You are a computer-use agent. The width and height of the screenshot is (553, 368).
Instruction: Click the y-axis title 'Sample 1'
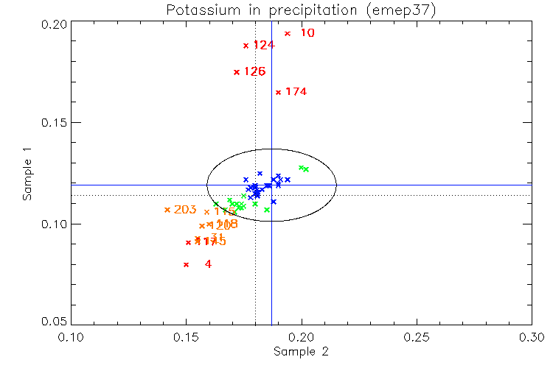click(27, 174)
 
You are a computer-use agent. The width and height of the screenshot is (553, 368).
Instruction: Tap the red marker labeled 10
click(288, 33)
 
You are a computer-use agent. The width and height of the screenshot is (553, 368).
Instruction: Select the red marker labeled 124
click(246, 46)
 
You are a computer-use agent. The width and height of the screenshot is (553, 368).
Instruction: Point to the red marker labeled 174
click(278, 92)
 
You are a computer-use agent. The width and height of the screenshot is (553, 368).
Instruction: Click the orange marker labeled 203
click(167, 210)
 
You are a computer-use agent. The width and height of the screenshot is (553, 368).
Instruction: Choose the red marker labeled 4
click(186, 264)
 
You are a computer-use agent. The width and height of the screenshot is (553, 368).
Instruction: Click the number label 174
click(296, 92)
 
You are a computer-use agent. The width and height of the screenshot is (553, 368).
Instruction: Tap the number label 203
click(185, 210)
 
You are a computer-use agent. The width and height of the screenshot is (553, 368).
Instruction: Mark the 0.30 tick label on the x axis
click(531, 336)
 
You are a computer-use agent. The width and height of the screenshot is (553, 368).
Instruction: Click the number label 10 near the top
click(307, 33)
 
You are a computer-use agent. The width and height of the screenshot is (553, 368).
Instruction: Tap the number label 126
click(254, 72)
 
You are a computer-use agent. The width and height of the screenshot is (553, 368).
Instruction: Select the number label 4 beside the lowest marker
click(208, 263)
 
